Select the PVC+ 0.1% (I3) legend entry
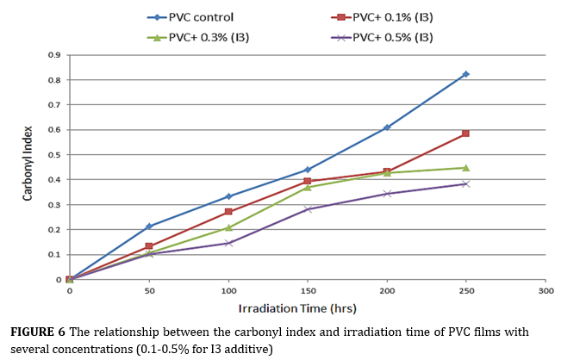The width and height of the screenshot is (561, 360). click(x=377, y=16)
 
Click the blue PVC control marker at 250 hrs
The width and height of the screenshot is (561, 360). click(x=466, y=74)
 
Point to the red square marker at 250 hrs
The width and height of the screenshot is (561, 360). click(x=466, y=133)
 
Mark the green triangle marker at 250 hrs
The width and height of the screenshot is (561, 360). click(x=466, y=167)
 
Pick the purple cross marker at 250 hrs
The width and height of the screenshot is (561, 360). click(x=466, y=183)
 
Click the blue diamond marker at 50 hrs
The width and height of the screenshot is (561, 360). click(x=149, y=226)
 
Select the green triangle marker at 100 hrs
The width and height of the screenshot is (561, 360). click(x=228, y=227)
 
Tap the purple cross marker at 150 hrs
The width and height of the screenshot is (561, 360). click(x=308, y=209)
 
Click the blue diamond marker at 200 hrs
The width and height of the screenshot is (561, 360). click(x=387, y=127)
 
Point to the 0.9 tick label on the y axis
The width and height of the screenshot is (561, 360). click(x=53, y=55)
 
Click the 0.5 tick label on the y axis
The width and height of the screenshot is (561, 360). click(x=53, y=155)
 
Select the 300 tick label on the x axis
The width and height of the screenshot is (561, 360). click(x=545, y=292)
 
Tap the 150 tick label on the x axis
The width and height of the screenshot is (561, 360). click(x=308, y=292)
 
